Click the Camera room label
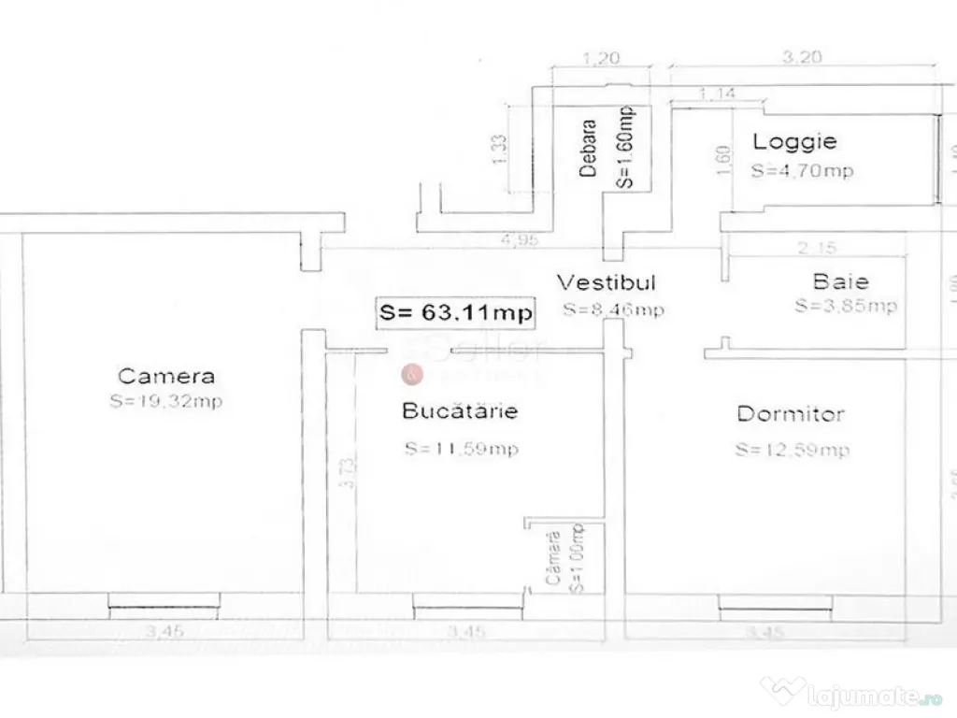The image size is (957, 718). coord(166,377)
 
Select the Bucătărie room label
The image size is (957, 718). coord(460,410)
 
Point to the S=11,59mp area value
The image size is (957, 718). coord(462,449)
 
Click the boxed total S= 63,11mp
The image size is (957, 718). coord(455,312)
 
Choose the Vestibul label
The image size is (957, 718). coord(607,282)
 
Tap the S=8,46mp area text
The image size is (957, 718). coord(613,309)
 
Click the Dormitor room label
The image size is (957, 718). coord(791,413)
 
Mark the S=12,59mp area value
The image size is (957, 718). coord(792,450)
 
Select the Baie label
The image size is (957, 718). coord(840,280)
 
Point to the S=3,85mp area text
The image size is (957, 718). coord(846,306)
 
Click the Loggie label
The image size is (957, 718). coord(795,142)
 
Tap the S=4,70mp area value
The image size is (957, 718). coord(802,171)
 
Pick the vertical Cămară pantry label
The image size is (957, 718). coord(553,559)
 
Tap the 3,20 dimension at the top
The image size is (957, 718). coord(803,56)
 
